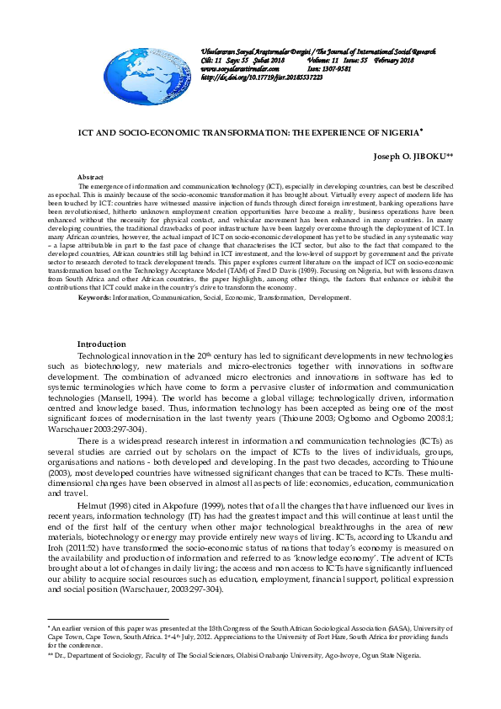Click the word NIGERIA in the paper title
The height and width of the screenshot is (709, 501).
[x=395, y=133]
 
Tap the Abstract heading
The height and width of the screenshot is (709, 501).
[x=90, y=177]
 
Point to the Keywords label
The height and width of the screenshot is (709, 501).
[x=93, y=298]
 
